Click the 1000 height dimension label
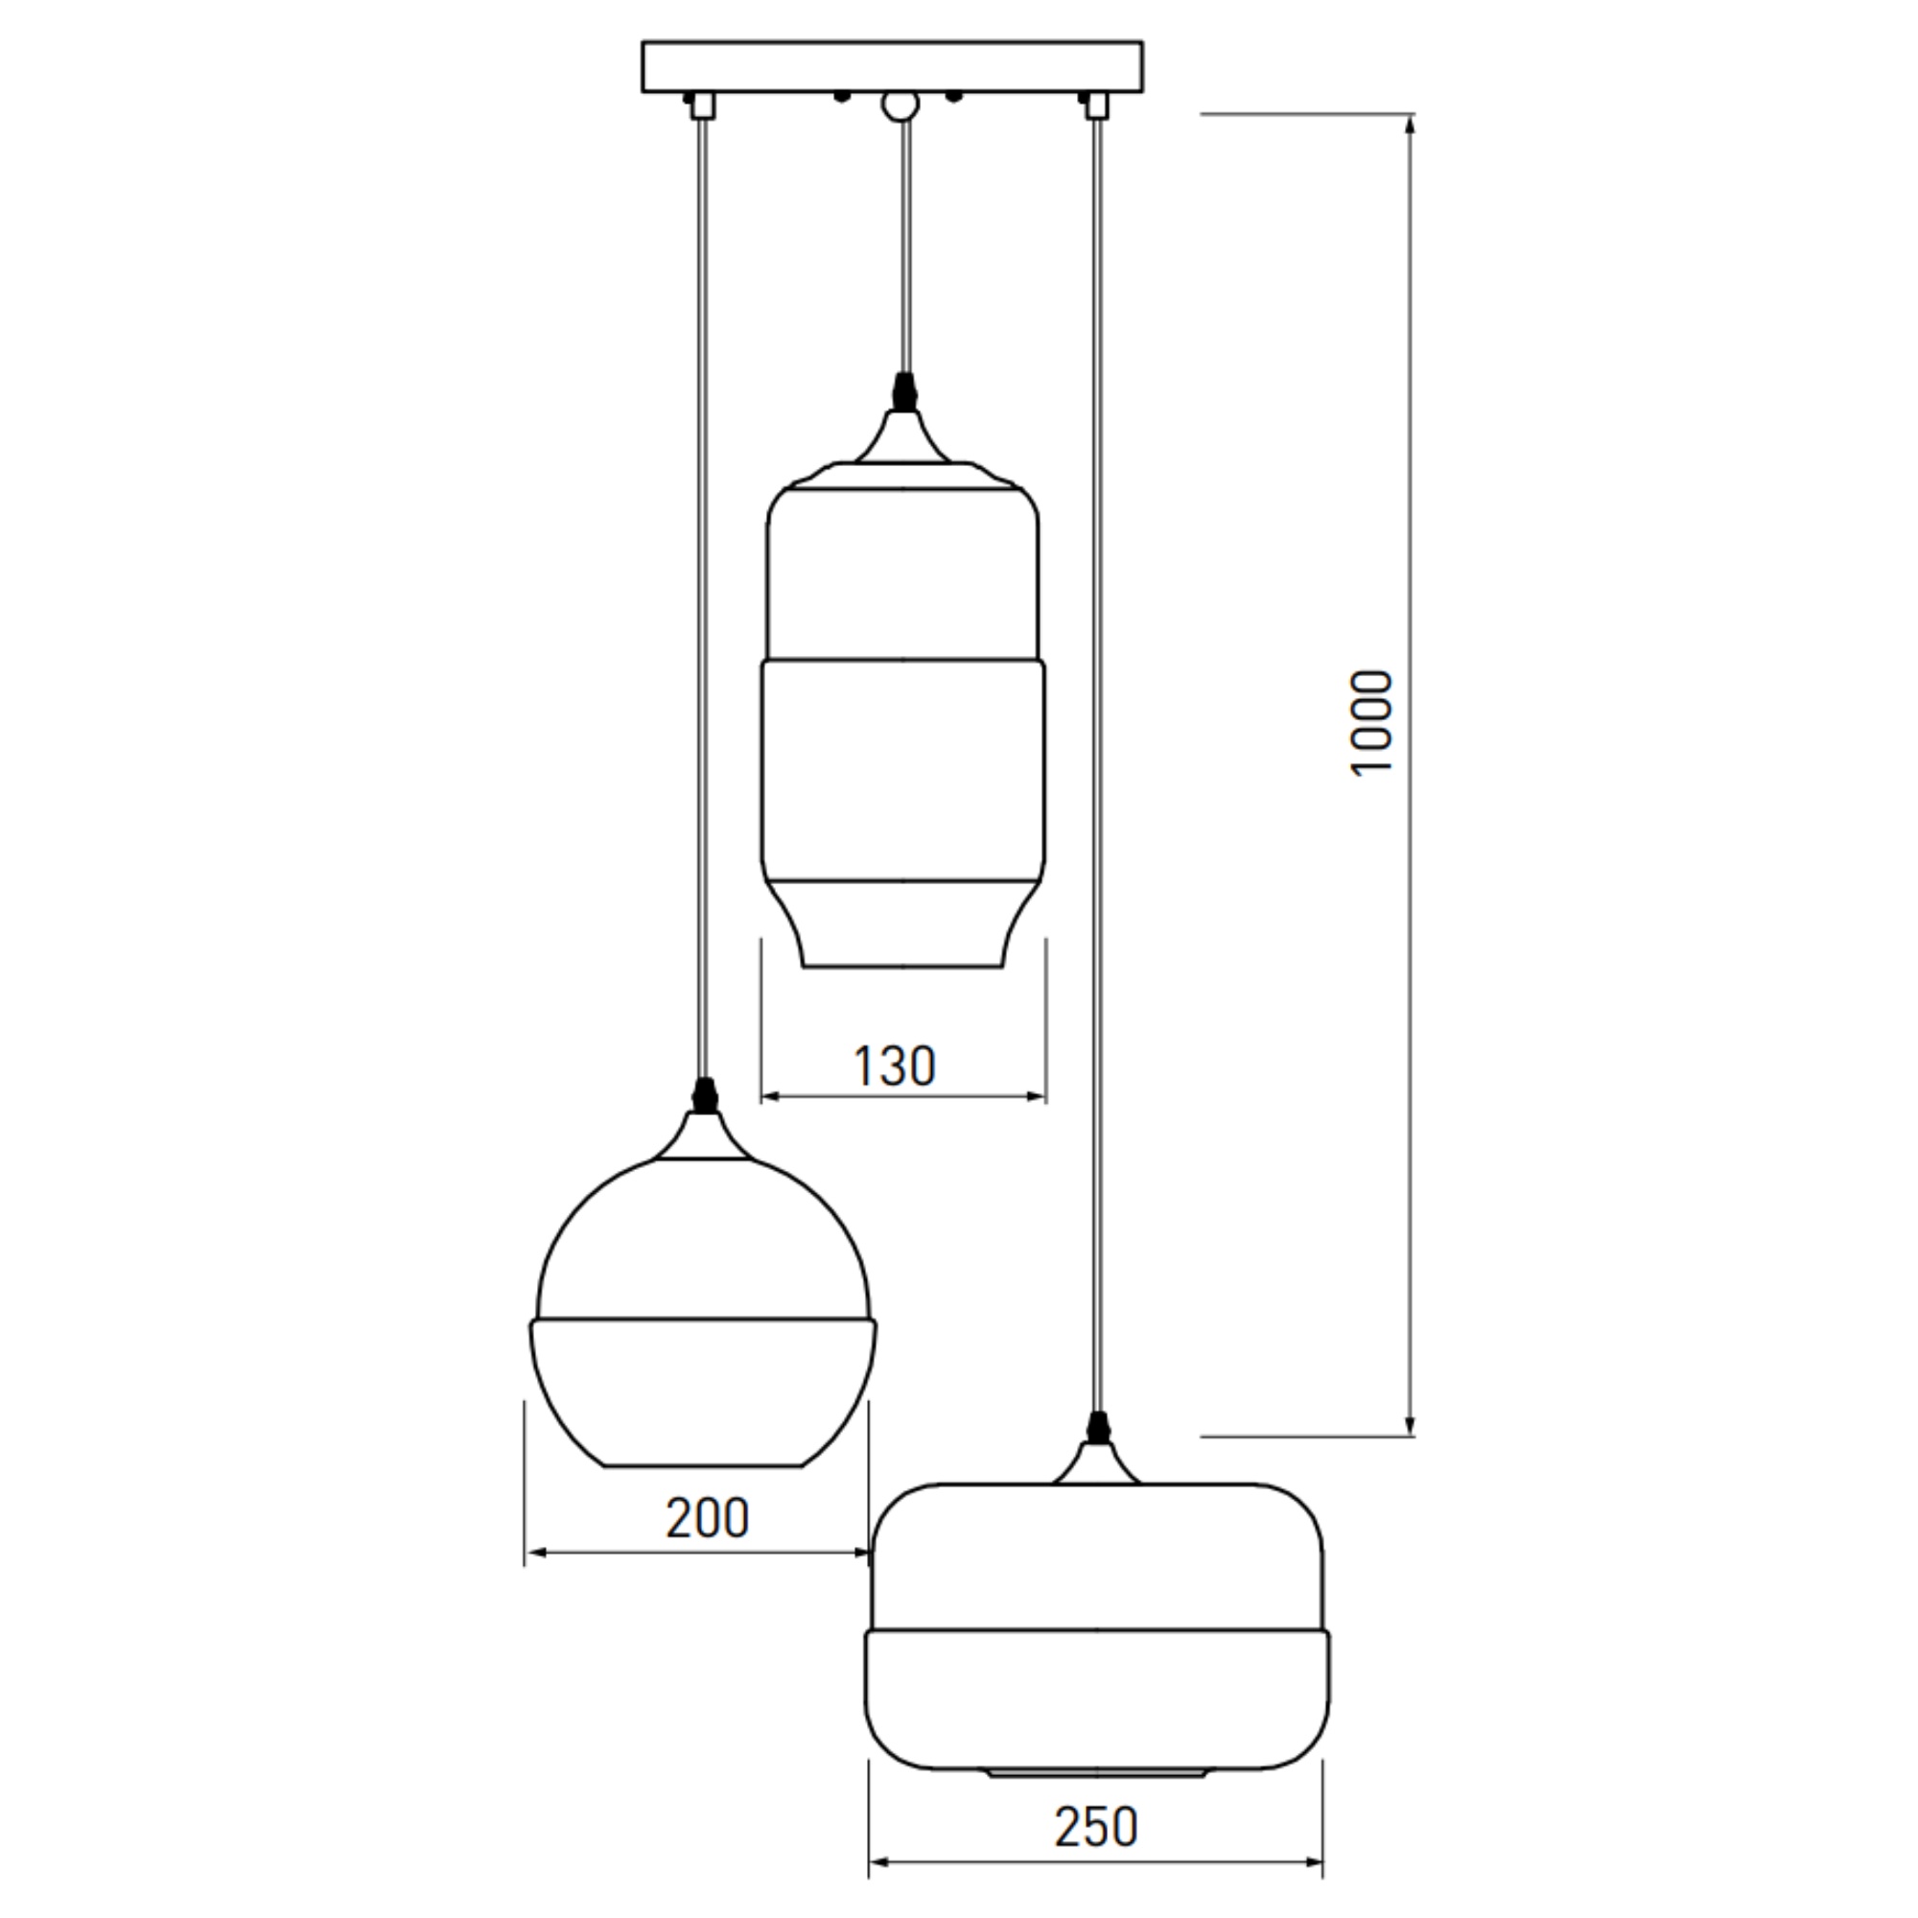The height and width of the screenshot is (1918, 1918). pyautogui.click(x=1372, y=723)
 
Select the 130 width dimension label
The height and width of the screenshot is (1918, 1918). pyautogui.click(x=895, y=1066)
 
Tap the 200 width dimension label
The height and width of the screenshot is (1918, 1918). pyautogui.click(x=707, y=1518)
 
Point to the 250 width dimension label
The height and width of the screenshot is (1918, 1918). pyautogui.click(x=1096, y=1828)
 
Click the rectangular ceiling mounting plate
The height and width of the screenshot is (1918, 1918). pyautogui.click(x=892, y=66)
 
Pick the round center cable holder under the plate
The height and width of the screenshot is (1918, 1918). pyautogui.click(x=901, y=105)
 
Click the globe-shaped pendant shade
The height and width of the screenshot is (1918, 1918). pyautogui.click(x=704, y=1311)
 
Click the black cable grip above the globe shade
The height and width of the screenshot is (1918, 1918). pyautogui.click(x=705, y=1095)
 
